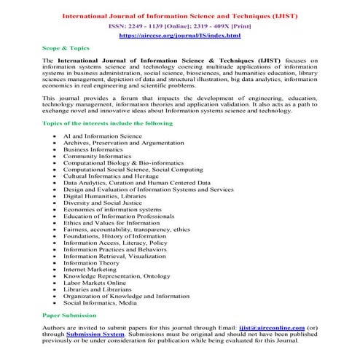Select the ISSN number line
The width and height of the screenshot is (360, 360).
(181, 24)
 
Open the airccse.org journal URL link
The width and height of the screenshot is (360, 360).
(180, 34)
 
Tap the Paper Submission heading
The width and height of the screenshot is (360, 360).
(69, 315)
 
